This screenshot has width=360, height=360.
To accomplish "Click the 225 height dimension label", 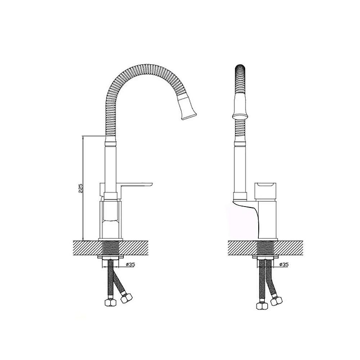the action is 81,188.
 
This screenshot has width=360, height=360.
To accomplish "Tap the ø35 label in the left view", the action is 130,265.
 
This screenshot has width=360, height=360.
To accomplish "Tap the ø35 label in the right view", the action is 284,265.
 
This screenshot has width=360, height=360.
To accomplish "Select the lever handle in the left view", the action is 137,185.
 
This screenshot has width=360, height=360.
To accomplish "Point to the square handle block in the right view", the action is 265,192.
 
